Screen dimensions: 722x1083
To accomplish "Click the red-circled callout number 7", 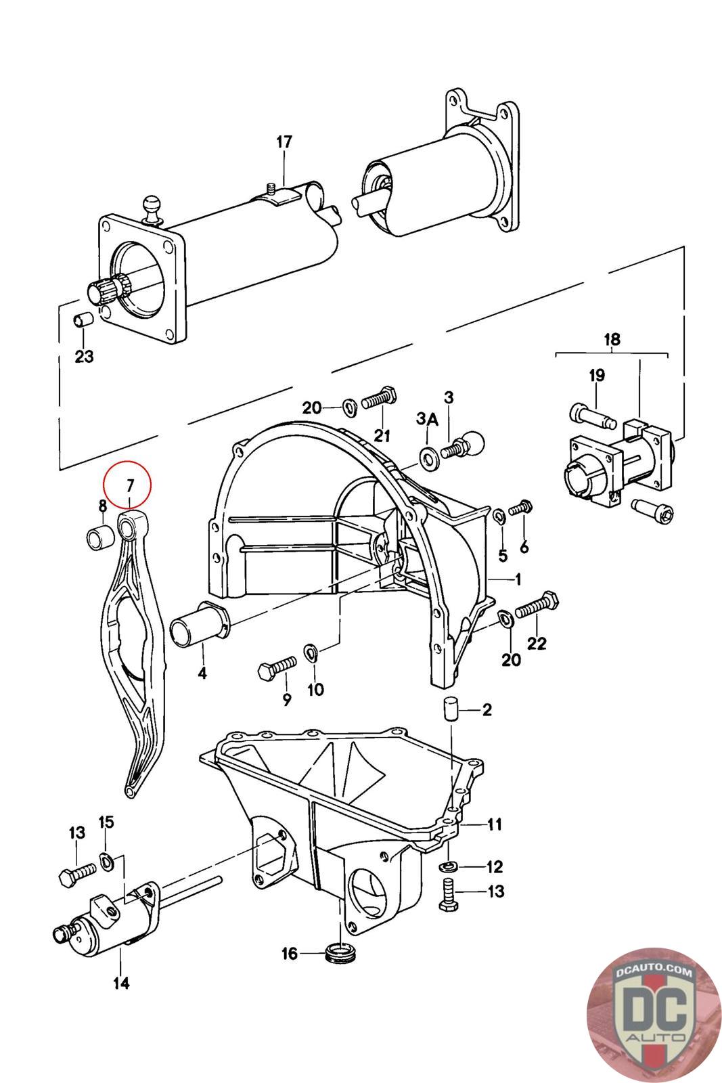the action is click(129, 485).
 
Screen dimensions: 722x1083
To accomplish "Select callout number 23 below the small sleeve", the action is click(84, 356).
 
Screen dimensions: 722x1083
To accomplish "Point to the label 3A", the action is click(427, 419).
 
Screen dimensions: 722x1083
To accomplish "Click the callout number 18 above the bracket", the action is click(612, 339).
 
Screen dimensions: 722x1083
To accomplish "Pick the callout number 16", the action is click(290, 954).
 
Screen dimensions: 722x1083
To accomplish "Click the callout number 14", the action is click(121, 983).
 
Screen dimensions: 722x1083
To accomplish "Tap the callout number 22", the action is click(537, 643).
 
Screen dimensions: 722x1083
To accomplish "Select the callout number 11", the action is click(494, 824).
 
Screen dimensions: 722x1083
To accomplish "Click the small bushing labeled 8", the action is click(99, 538).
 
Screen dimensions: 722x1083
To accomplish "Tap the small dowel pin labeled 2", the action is click(451, 710).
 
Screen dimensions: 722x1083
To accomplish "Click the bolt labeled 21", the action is click(380, 398).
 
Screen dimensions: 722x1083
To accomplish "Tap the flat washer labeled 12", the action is click(449, 865).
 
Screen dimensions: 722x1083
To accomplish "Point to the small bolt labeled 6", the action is click(522, 508).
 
